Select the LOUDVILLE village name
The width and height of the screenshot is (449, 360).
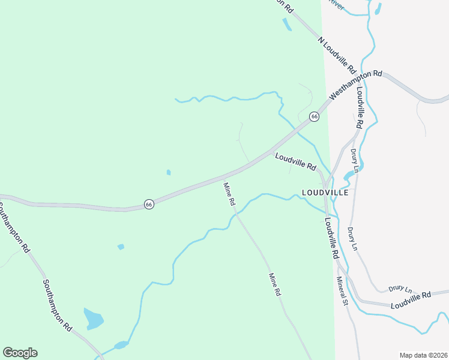(x=325, y=193)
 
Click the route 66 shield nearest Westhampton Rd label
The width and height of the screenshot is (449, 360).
(x=314, y=116)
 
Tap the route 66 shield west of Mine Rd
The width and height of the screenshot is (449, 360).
(x=149, y=205)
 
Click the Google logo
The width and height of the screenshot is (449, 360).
(x=20, y=353)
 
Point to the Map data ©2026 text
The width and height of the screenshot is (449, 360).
(x=423, y=355)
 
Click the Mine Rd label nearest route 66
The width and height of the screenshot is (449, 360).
(x=229, y=194)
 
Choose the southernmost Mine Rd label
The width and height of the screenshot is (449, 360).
(x=275, y=285)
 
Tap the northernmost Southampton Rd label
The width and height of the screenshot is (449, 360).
(x=13, y=227)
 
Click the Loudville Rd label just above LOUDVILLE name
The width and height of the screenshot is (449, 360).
(x=295, y=161)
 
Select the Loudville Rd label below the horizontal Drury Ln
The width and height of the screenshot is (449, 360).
(x=411, y=301)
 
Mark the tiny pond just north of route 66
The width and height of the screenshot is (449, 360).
(x=169, y=173)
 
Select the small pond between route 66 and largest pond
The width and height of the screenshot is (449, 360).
(x=121, y=247)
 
